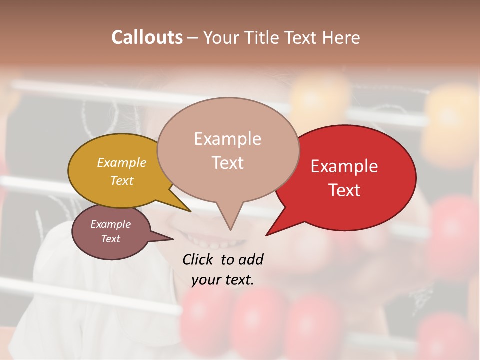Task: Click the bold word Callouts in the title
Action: (147, 37)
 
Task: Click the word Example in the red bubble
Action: (344, 166)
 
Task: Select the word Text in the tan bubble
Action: (228, 163)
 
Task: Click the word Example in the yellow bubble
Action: (122, 163)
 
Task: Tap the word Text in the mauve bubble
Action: (111, 239)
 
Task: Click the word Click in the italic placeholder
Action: (198, 259)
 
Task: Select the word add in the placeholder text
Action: (250, 259)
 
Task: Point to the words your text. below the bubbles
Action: (223, 280)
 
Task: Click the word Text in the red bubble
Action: (344, 190)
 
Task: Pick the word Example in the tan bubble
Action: (228, 139)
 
